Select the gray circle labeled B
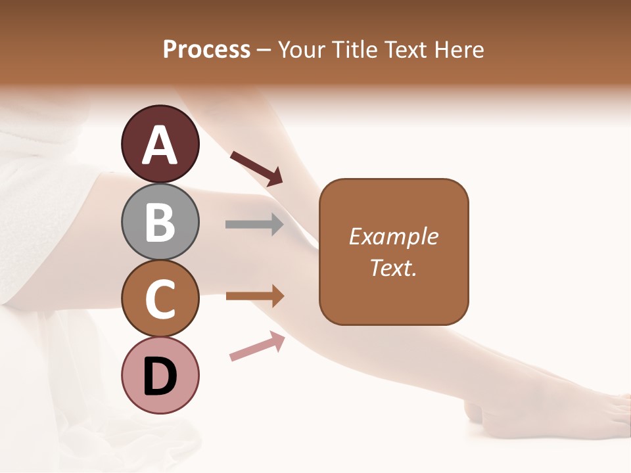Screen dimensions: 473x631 [160, 221]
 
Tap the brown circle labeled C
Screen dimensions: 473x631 [160, 298]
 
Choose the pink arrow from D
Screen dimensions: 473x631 [257, 346]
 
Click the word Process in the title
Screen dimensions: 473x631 [206, 49]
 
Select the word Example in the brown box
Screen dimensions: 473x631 [393, 236]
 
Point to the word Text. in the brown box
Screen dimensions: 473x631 [393, 267]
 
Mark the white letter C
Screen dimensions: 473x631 [160, 300]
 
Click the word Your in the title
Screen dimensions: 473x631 [302, 49]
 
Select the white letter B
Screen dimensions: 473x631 [160, 223]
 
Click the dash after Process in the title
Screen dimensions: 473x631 [264, 50]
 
